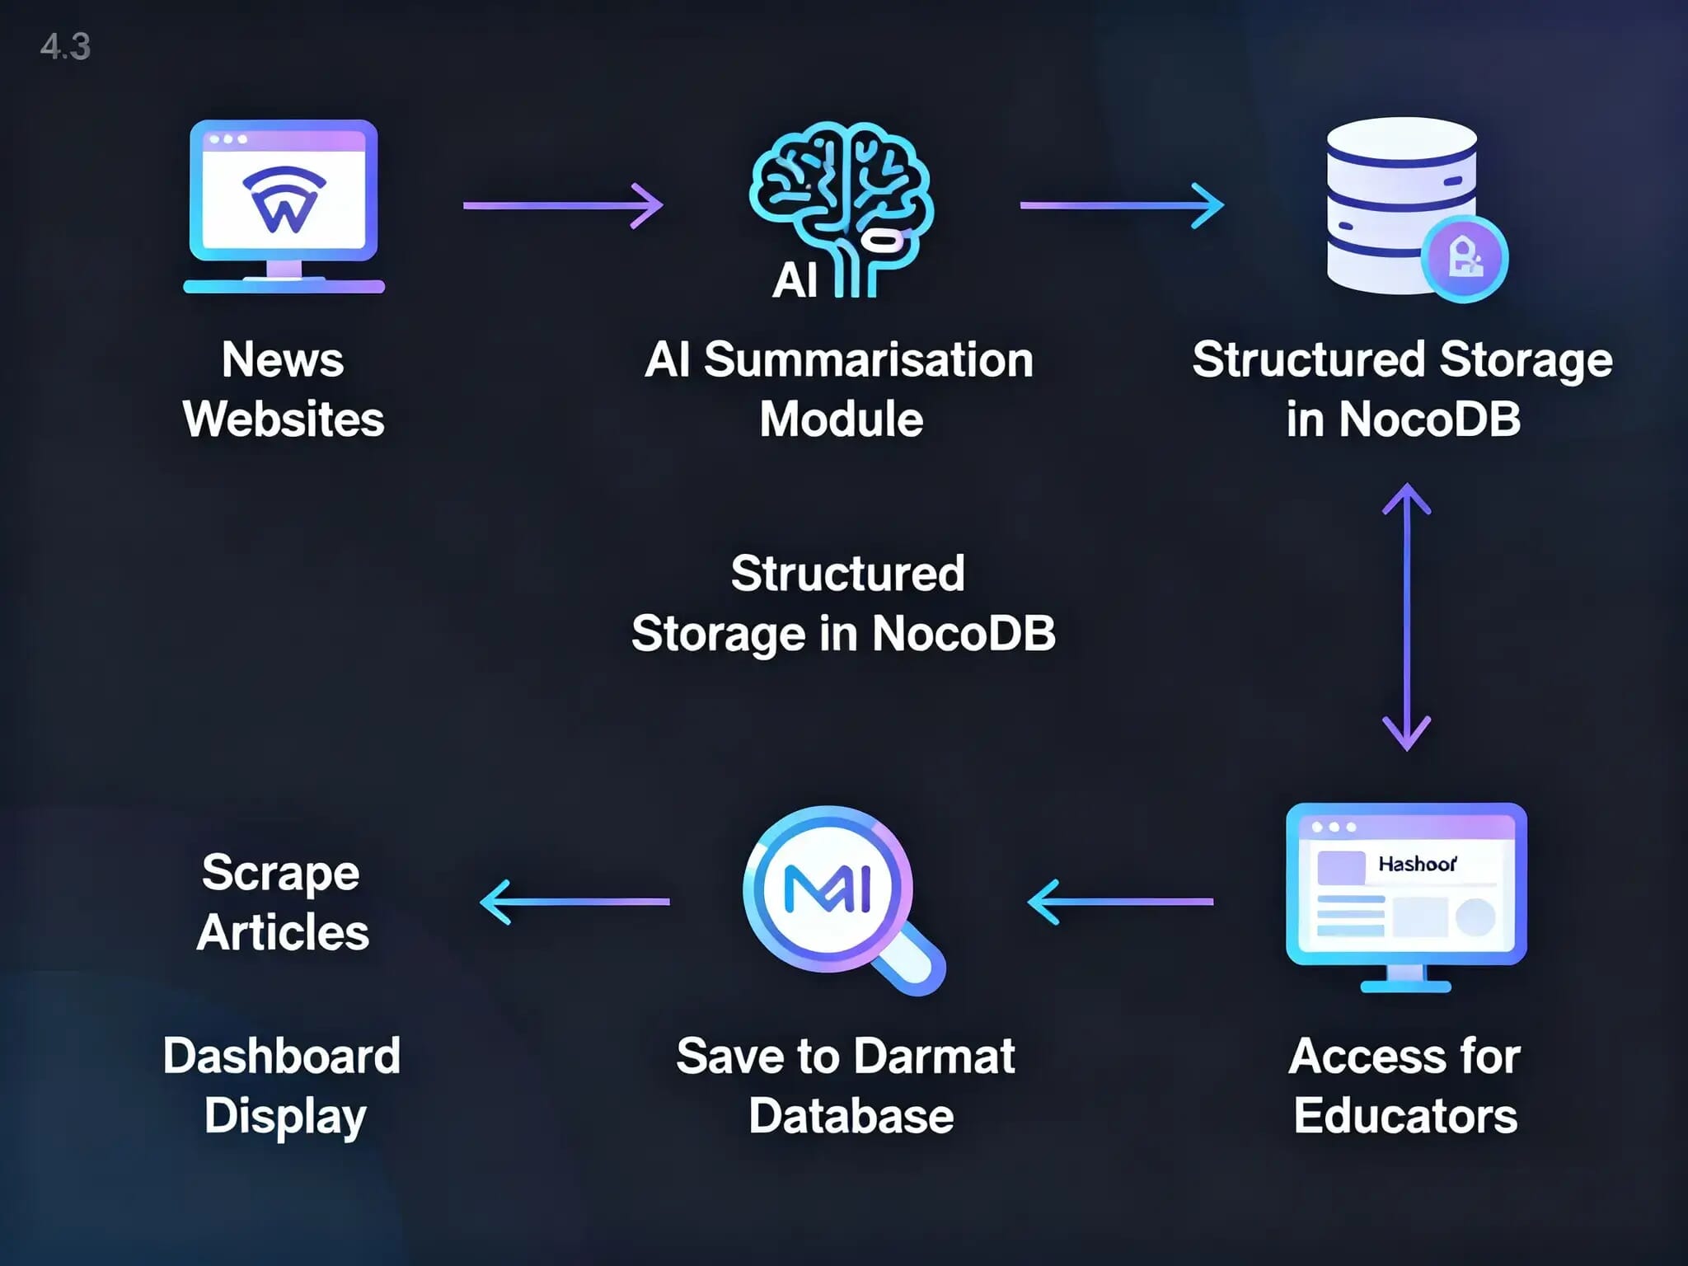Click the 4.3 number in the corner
coord(65,47)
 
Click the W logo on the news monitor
coord(284,202)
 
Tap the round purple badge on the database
coord(1465,259)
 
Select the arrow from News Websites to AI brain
coord(563,205)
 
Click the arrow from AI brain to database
coord(1122,205)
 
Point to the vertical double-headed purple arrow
coord(1406,617)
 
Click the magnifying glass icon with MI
coord(828,890)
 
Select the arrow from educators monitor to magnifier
coord(1121,902)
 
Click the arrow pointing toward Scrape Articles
coord(574,902)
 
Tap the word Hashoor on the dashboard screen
coord(1417,864)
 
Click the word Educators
coord(1405,1116)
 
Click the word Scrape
coord(281,874)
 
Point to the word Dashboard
coord(282,1056)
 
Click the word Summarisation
coord(869,360)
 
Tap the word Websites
coord(284,420)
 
